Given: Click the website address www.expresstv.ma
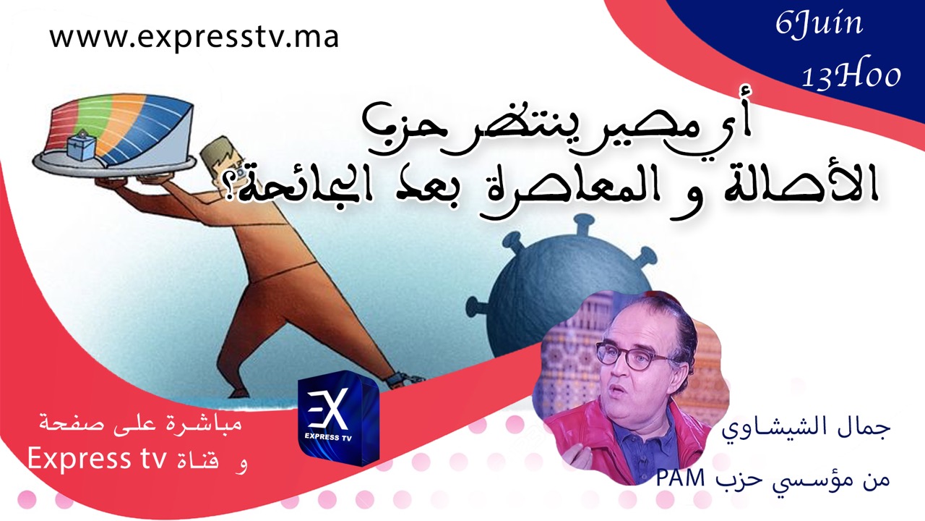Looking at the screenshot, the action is [x=194, y=38].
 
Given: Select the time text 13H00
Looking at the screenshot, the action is [x=851, y=76].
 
